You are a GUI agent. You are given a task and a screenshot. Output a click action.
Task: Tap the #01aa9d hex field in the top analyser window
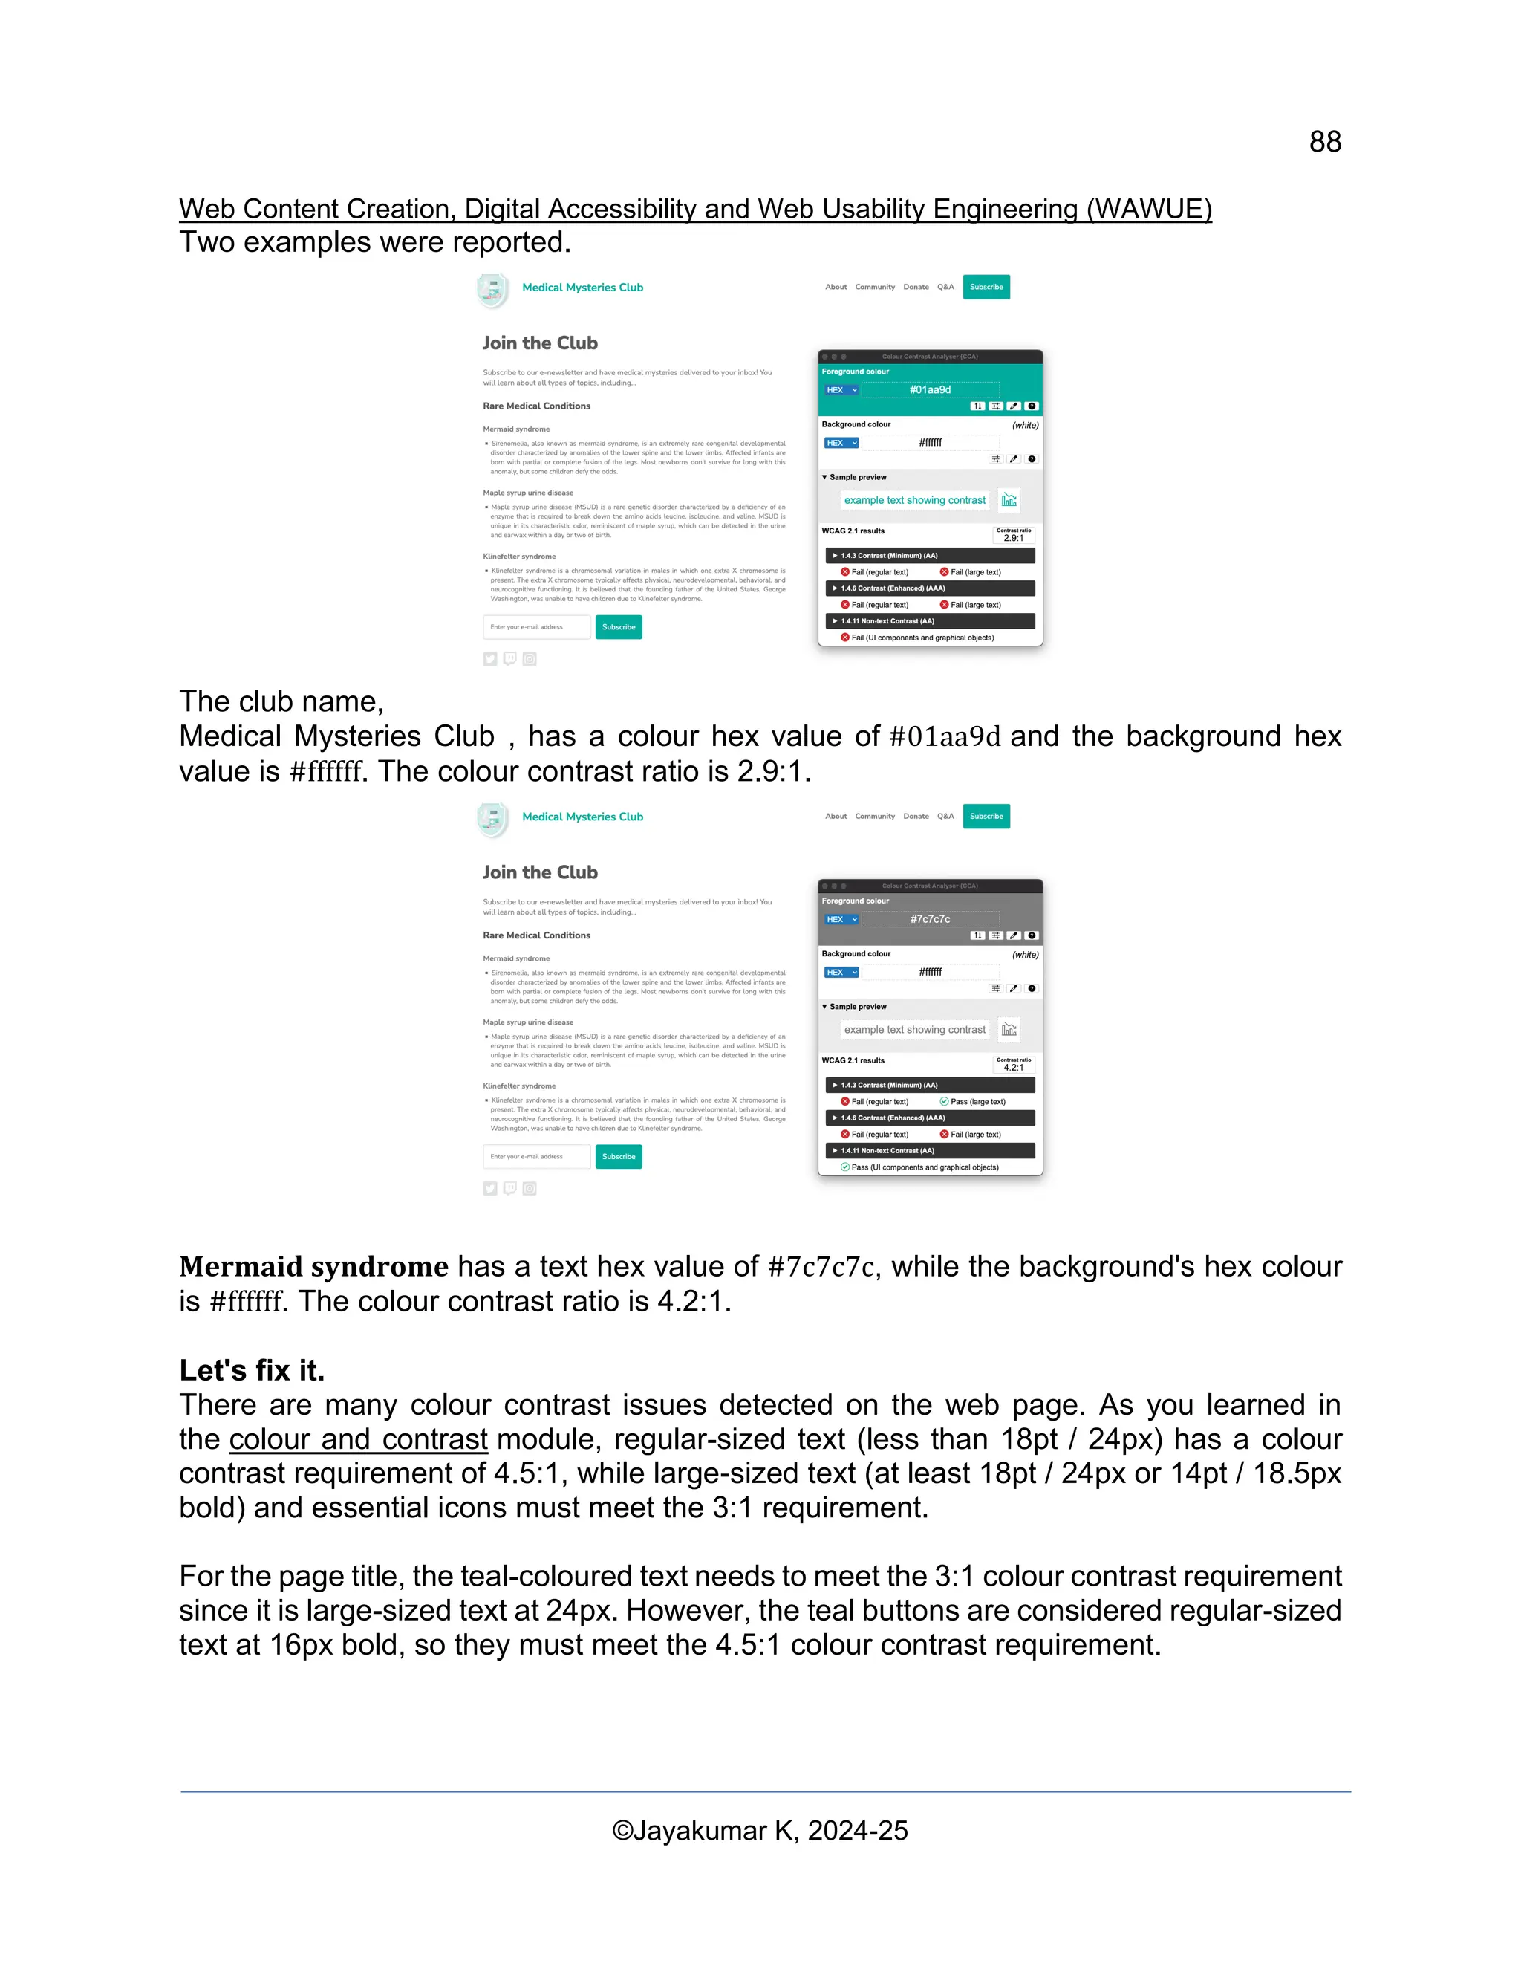point(929,389)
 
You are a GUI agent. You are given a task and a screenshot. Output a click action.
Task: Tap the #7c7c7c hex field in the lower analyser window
point(929,918)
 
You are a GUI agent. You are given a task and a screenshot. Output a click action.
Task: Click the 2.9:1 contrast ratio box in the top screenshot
point(1013,536)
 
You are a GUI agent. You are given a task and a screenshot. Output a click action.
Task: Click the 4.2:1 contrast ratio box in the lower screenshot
point(1013,1065)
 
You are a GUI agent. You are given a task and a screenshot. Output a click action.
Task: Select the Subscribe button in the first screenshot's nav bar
point(986,287)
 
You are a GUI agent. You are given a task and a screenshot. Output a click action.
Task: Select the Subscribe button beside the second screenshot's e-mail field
point(618,1156)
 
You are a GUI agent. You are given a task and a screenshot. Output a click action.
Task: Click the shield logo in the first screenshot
point(492,291)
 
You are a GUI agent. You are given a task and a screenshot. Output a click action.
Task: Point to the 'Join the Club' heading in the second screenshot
point(540,872)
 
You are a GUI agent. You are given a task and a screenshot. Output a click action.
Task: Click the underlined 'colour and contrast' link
point(358,1439)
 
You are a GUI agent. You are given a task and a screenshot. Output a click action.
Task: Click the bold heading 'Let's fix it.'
point(252,1370)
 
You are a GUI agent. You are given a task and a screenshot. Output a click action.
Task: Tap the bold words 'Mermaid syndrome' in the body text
point(313,1267)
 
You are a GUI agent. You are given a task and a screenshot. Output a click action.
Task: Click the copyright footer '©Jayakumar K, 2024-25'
point(760,1830)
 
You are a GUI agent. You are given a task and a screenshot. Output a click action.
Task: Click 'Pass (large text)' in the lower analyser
point(977,1102)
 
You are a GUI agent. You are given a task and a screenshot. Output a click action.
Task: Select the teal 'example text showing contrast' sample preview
point(913,500)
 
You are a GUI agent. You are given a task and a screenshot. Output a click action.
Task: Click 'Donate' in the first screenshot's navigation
point(916,287)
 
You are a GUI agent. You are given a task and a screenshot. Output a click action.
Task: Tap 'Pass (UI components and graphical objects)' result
point(925,1167)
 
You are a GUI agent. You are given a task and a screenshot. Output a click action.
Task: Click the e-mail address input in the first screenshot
point(536,626)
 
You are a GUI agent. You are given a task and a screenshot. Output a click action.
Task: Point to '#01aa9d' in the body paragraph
point(945,736)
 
